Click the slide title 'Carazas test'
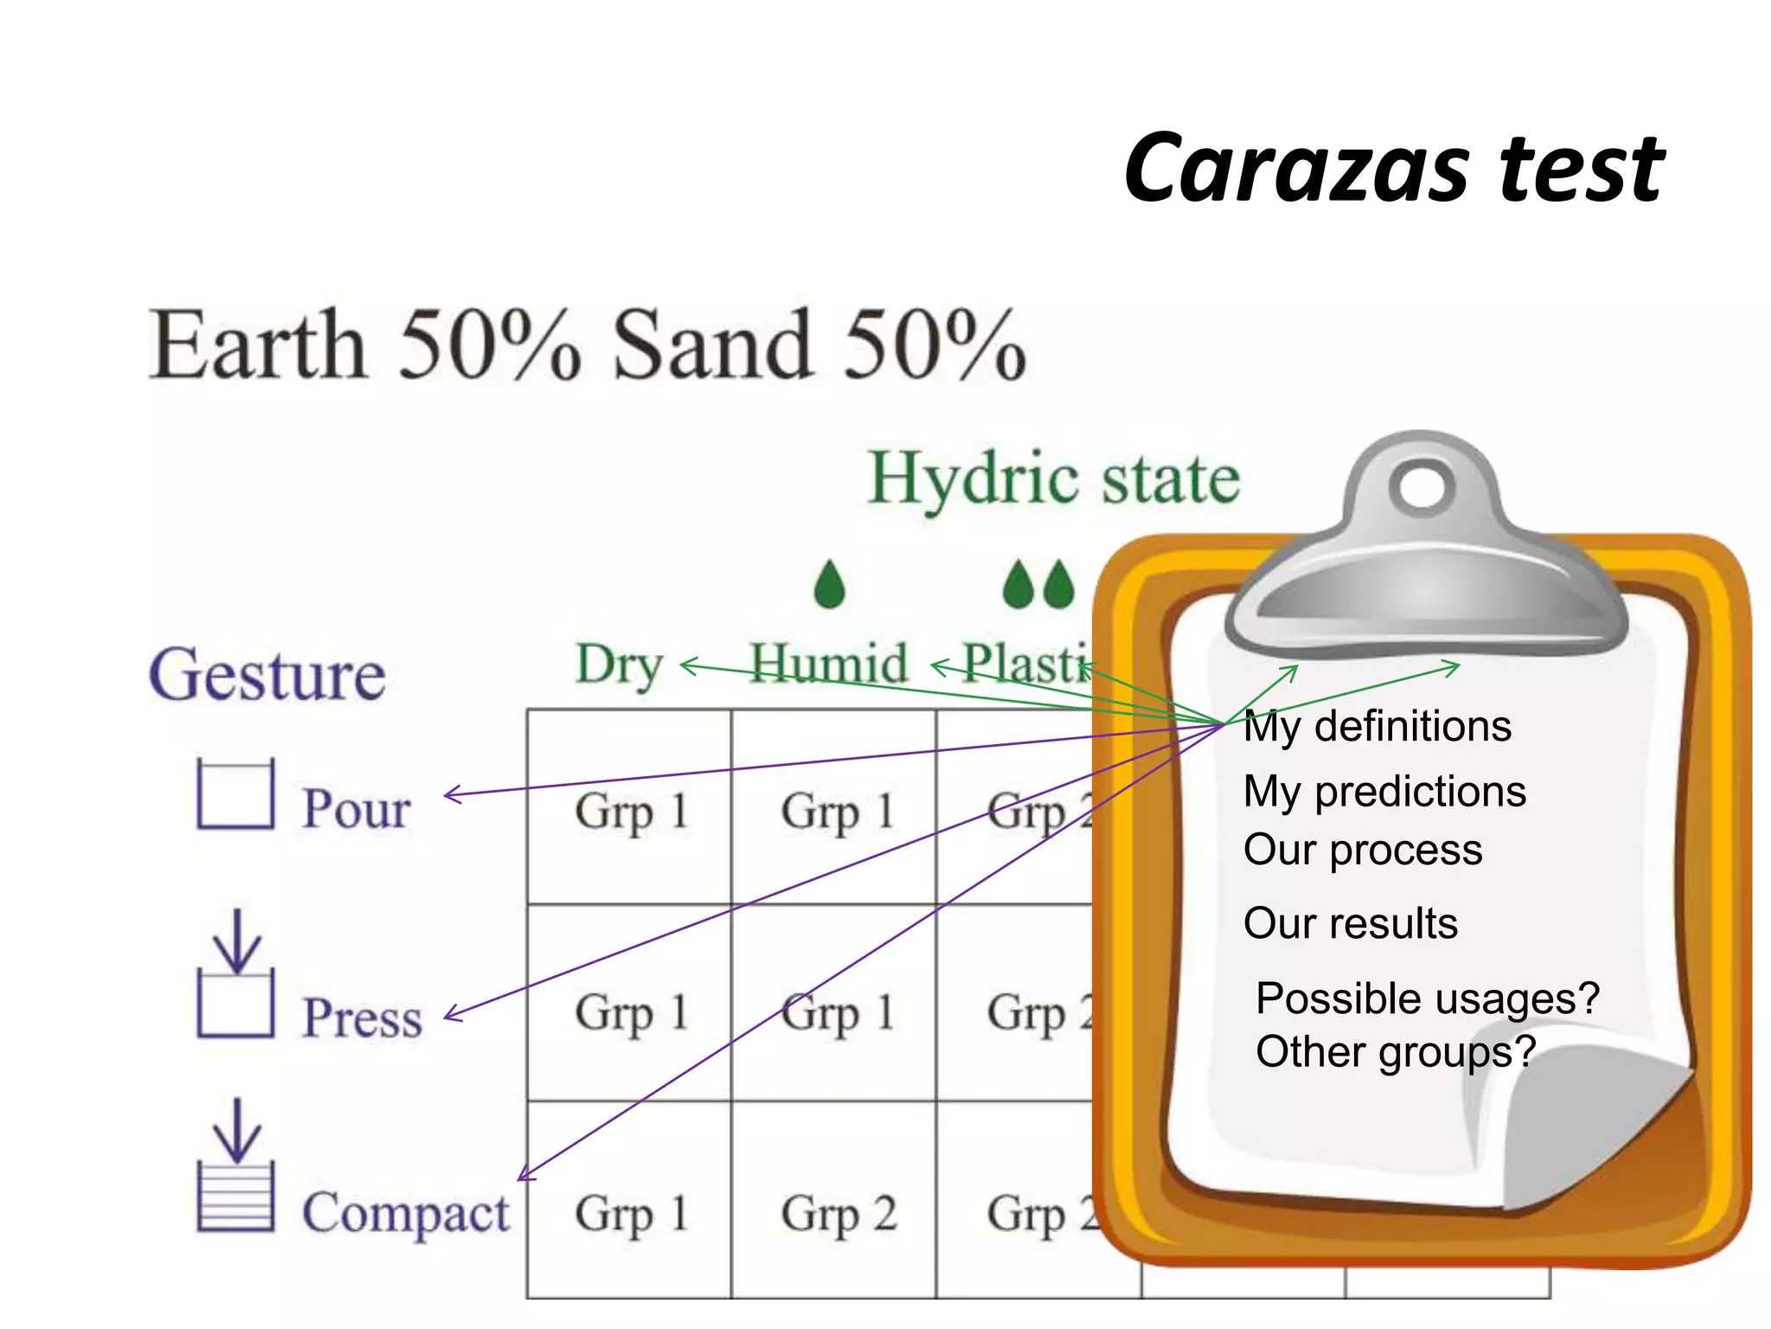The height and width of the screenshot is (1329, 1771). point(1394,169)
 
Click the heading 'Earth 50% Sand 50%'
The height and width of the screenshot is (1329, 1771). point(588,346)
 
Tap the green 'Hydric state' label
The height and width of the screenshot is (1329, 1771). point(1054,479)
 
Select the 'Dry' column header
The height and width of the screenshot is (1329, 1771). point(619,665)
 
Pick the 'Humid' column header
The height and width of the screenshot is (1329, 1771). point(828,664)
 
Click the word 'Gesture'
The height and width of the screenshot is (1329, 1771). point(267,676)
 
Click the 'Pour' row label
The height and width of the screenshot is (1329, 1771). point(356,810)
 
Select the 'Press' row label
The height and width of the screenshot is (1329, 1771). point(362,1018)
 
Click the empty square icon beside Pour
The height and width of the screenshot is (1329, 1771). point(235,794)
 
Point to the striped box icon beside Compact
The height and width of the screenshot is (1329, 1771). point(235,1196)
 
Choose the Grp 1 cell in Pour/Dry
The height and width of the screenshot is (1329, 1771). point(631,812)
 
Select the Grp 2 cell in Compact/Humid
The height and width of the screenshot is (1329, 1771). point(838,1213)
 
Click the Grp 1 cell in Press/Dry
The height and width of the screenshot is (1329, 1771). point(631,1012)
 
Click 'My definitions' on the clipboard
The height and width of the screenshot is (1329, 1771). point(1378,727)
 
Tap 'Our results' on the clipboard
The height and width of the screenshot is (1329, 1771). point(1350,923)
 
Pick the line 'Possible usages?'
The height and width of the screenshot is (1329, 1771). point(1428,998)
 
